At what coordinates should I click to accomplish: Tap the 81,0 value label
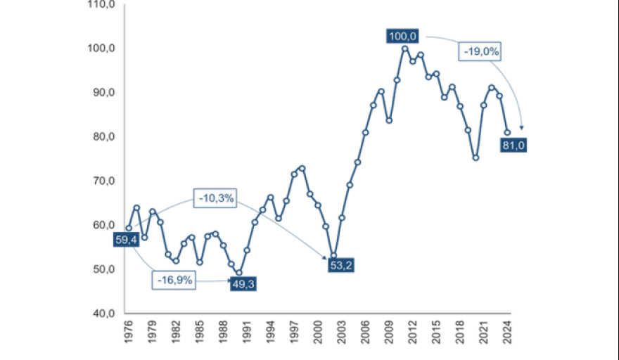pyautogui.click(x=512, y=146)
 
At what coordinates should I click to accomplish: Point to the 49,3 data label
pyautogui.click(x=243, y=283)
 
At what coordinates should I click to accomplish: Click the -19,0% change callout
pyautogui.click(x=481, y=51)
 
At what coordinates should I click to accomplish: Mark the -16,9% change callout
pyautogui.click(x=174, y=280)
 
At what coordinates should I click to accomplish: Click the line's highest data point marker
pyautogui.click(x=405, y=49)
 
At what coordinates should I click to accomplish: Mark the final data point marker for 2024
pyautogui.click(x=507, y=132)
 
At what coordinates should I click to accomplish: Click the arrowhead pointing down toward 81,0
pyautogui.click(x=521, y=127)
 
